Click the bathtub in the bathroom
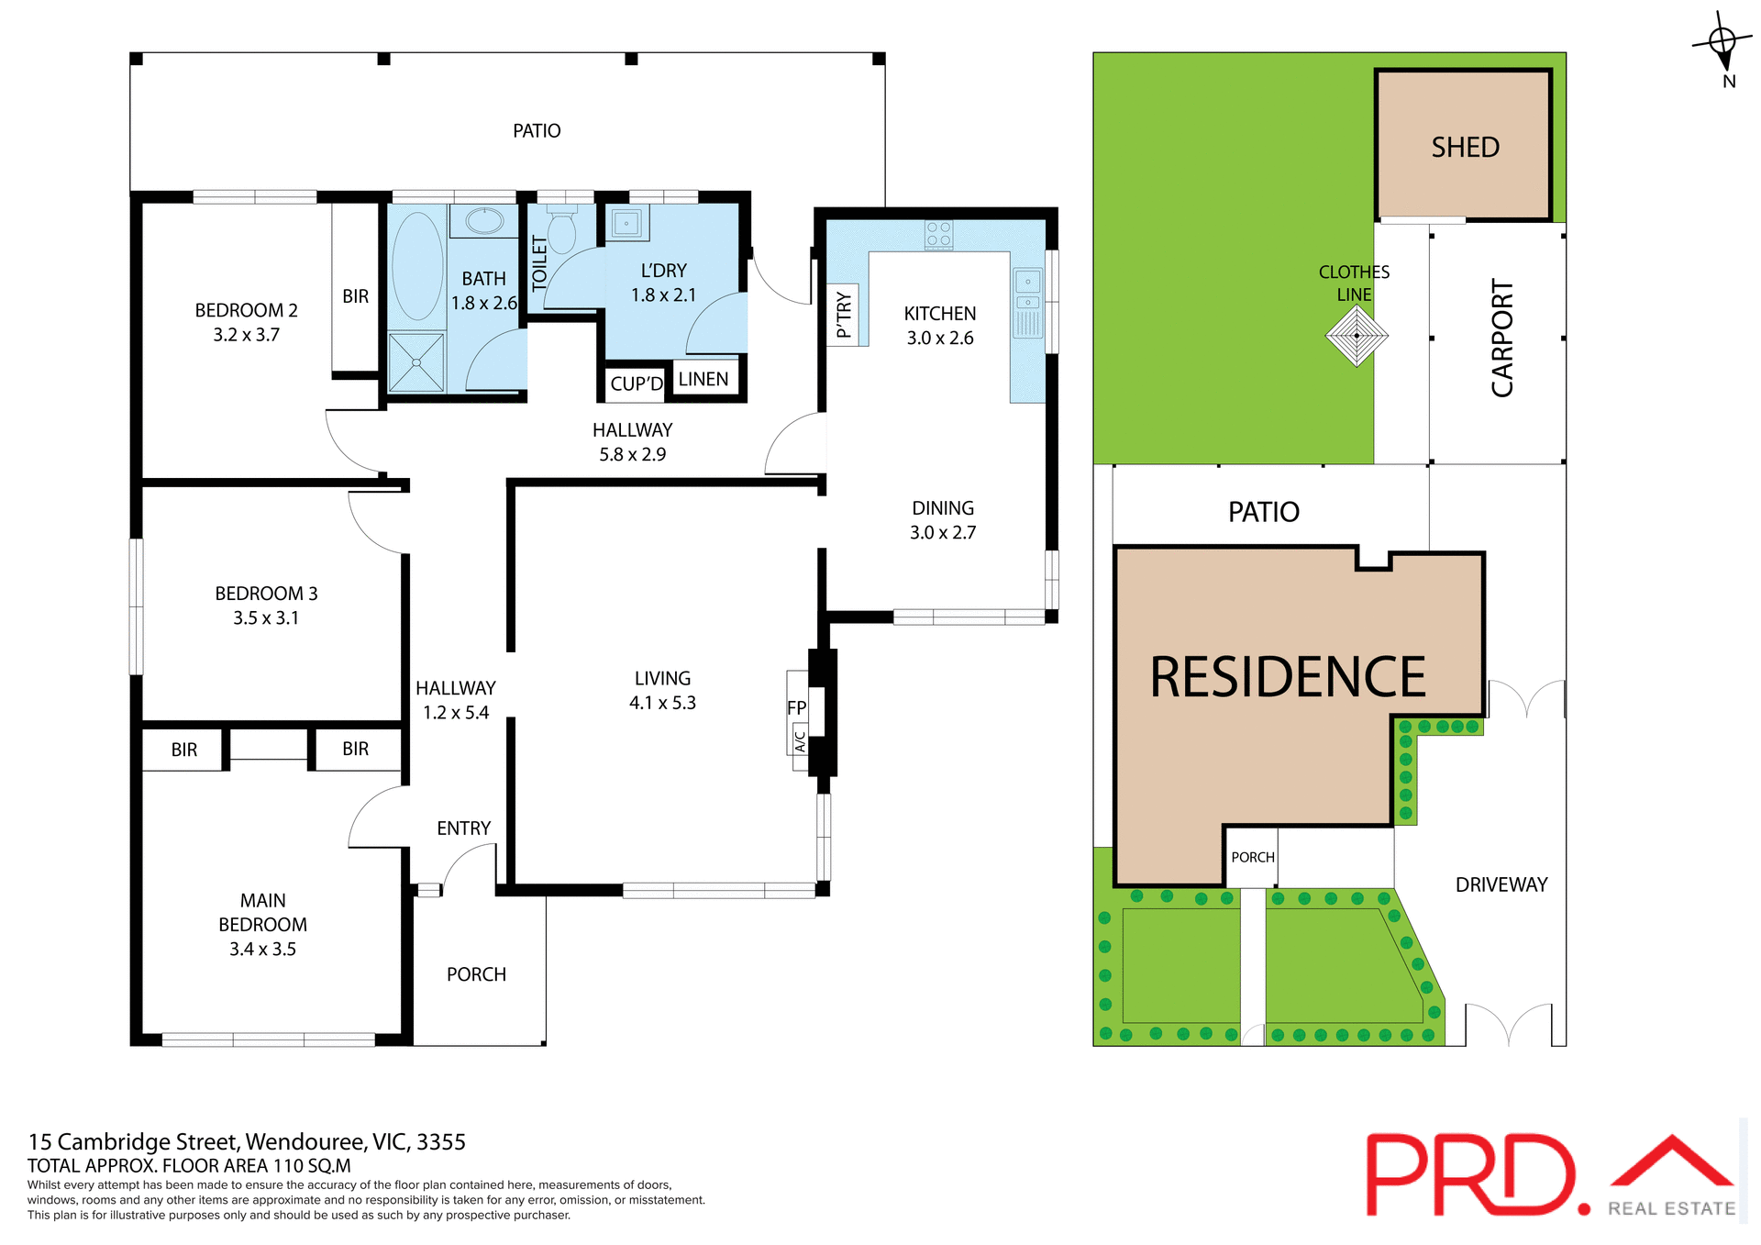pyautogui.click(x=417, y=266)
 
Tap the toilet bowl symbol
pyautogui.click(x=561, y=231)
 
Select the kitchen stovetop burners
pyautogui.click(x=938, y=234)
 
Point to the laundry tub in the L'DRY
pyautogui.click(x=627, y=223)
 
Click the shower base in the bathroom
pyautogui.click(x=415, y=362)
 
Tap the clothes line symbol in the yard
pyautogui.click(x=1357, y=335)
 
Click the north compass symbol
pyautogui.click(x=1722, y=42)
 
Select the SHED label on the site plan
pyautogui.click(x=1465, y=147)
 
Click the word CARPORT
pyautogui.click(x=1501, y=339)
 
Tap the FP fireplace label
pyautogui.click(x=796, y=707)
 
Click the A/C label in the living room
pyautogui.click(x=800, y=739)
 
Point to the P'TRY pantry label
pyautogui.click(x=844, y=315)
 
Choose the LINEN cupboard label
pyautogui.click(x=703, y=379)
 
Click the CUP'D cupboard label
pyautogui.click(x=637, y=384)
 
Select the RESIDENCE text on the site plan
pyautogui.click(x=1288, y=677)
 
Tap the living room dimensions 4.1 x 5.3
pyautogui.click(x=662, y=703)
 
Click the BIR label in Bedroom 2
pyautogui.click(x=355, y=296)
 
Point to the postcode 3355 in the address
pyautogui.click(x=441, y=1141)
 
